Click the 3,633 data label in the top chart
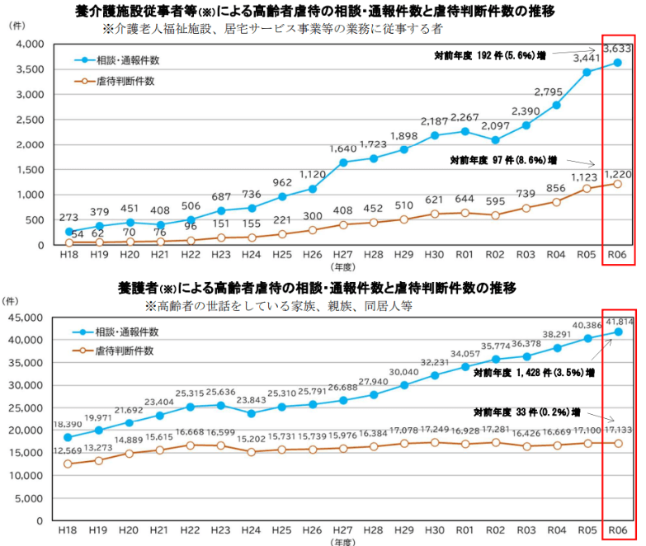pos(618,49)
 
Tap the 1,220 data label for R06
pos(618,174)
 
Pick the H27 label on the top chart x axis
pos(344,257)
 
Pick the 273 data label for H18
pos(68,218)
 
